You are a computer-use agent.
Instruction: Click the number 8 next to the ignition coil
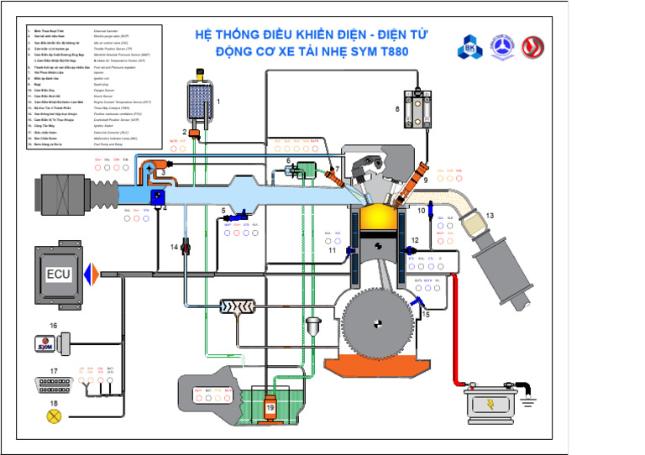pyautogui.click(x=398, y=109)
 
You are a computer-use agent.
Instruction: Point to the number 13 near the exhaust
pyautogui.click(x=490, y=216)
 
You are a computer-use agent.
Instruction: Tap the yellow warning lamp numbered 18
pyautogui.click(x=55, y=415)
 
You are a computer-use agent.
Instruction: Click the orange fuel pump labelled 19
pyautogui.click(x=270, y=406)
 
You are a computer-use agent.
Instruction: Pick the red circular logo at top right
pyautogui.click(x=532, y=48)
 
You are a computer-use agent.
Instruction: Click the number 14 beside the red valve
pyautogui.click(x=175, y=247)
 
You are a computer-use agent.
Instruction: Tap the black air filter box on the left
pyautogui.click(x=62, y=193)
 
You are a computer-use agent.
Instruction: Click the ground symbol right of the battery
pyautogui.click(x=535, y=401)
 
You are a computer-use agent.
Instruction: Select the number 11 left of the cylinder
pyautogui.click(x=333, y=250)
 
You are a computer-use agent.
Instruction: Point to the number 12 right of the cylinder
pyautogui.click(x=414, y=241)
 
